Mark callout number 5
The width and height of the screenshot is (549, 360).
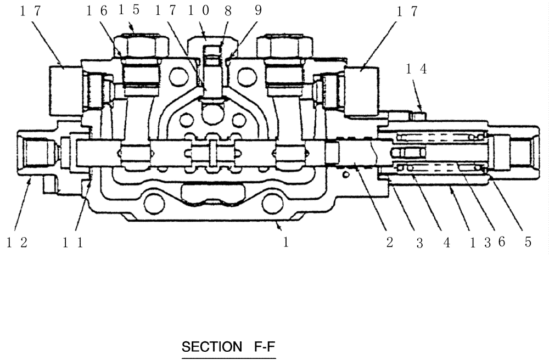(x=528, y=243)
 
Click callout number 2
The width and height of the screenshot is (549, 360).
(x=389, y=243)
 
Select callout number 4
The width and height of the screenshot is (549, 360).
(x=446, y=243)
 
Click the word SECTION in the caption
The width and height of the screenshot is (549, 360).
(x=211, y=347)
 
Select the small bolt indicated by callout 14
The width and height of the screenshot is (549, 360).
(x=417, y=115)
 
